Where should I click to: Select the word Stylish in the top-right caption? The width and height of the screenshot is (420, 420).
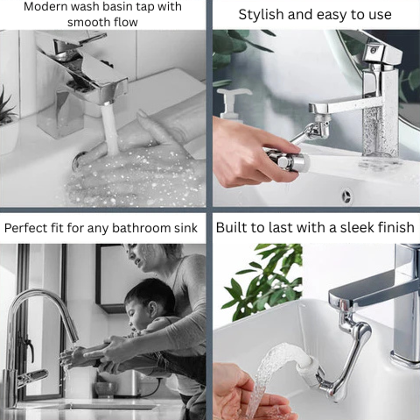click(x=261, y=15)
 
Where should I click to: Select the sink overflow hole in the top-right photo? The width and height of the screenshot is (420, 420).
click(x=346, y=195)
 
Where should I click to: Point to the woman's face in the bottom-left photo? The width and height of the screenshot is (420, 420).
click(x=140, y=255)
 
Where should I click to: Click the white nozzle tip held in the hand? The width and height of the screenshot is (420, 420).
click(x=304, y=162)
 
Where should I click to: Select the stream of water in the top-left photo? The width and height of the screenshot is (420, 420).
click(x=109, y=129)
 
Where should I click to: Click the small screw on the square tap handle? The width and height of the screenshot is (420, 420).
click(x=373, y=51)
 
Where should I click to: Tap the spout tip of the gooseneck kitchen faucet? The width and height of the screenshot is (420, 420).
click(x=74, y=338)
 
